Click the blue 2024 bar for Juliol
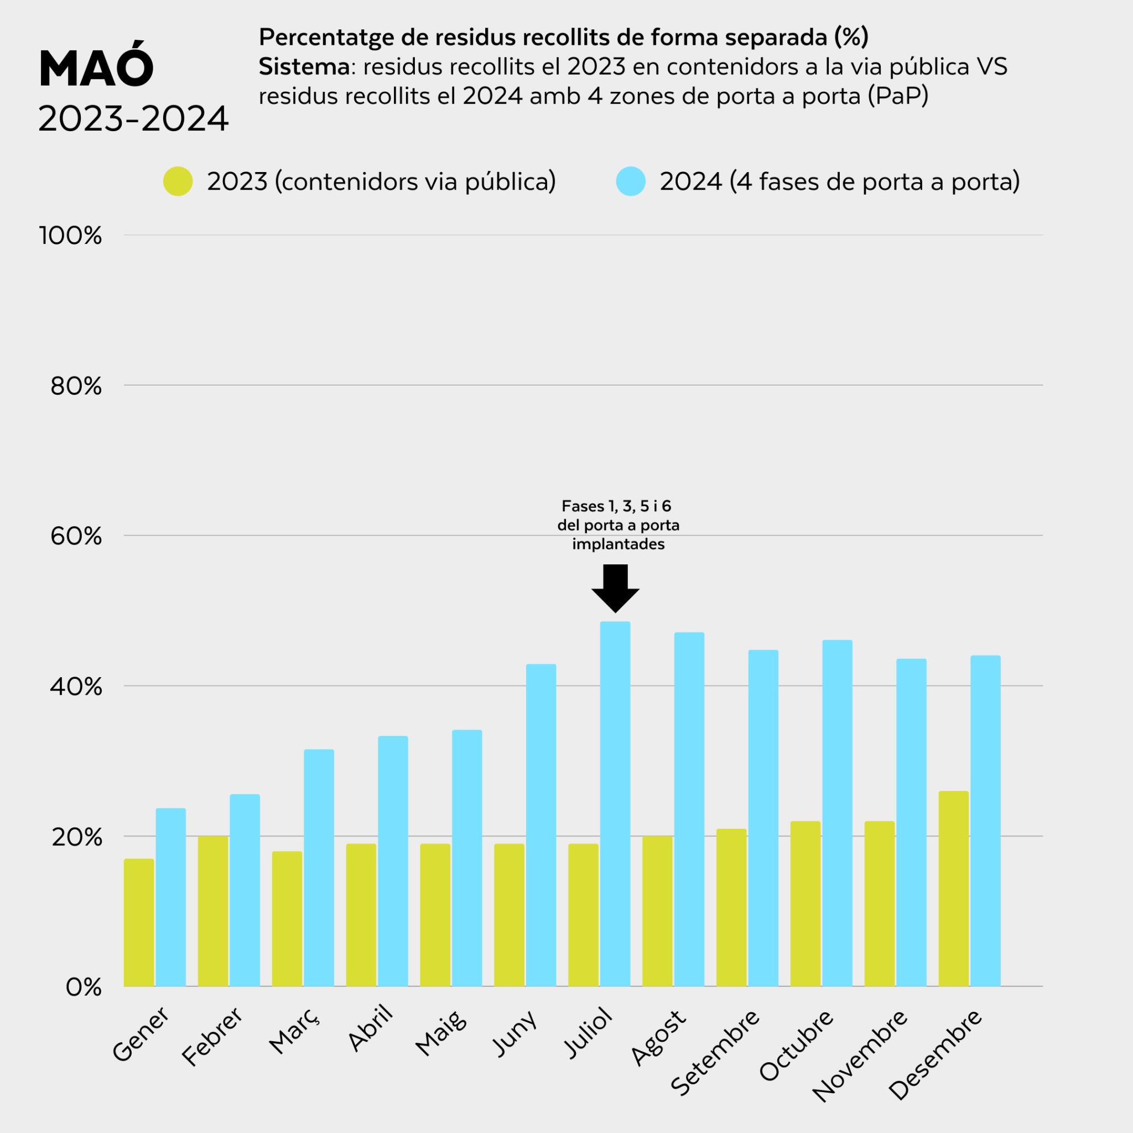pyautogui.click(x=615, y=803)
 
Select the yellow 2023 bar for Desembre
pyautogui.click(x=954, y=888)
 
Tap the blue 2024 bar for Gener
pyautogui.click(x=170, y=897)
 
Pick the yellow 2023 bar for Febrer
pyautogui.click(x=213, y=911)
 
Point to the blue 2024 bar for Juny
pyautogui.click(x=540, y=825)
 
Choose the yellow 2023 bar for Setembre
pyautogui.click(x=731, y=907)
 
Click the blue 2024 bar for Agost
pyautogui.click(x=689, y=809)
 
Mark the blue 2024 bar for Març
pyautogui.click(x=319, y=868)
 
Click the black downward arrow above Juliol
pyautogui.click(x=615, y=588)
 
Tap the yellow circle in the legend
pyautogui.click(x=178, y=182)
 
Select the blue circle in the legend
pyautogui.click(x=631, y=182)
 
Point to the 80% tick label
pyautogui.click(x=76, y=387)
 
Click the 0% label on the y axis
pyautogui.click(x=84, y=988)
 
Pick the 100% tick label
pyautogui.click(x=70, y=236)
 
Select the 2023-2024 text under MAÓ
pyautogui.click(x=133, y=119)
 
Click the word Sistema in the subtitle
pyautogui.click(x=304, y=67)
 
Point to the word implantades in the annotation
pyautogui.click(x=618, y=544)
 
